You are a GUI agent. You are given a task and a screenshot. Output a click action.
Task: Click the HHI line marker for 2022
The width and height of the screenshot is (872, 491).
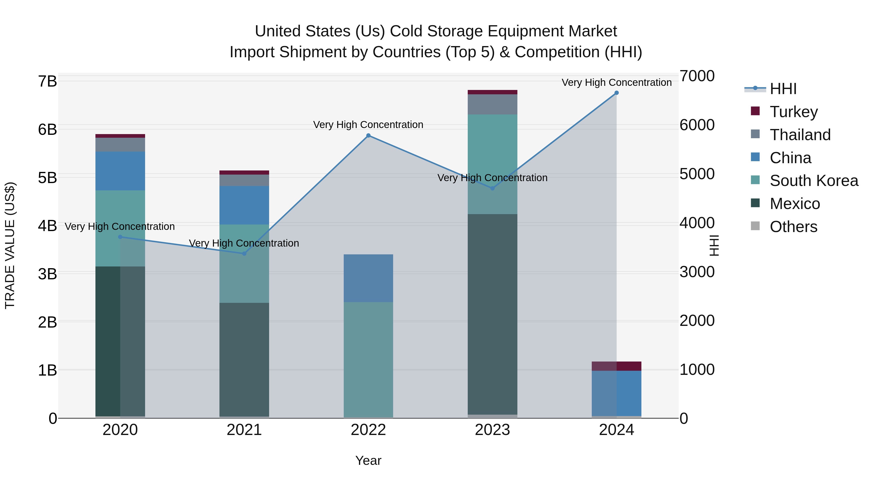[x=368, y=136]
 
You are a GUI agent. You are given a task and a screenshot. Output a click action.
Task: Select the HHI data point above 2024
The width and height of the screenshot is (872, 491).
[x=616, y=93]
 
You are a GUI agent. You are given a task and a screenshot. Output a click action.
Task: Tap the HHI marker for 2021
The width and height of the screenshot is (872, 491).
[x=244, y=253]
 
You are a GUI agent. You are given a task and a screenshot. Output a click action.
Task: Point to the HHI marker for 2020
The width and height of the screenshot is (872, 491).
[x=120, y=237]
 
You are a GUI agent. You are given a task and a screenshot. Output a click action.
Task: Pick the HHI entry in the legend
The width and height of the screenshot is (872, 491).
[x=783, y=89]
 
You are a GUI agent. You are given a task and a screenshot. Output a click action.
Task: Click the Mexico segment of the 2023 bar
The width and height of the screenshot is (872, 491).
[x=492, y=314]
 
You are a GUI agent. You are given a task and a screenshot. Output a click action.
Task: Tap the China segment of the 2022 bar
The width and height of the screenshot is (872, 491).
[x=368, y=278]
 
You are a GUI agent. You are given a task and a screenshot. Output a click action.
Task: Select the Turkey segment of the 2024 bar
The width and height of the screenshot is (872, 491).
[x=616, y=366]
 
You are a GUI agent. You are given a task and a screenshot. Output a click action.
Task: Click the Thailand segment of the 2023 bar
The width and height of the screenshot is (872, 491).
[x=492, y=104]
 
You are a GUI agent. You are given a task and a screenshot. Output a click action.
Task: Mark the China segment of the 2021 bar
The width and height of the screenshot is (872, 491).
[x=244, y=205]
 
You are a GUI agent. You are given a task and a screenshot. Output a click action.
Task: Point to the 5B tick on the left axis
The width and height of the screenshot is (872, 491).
[x=47, y=178]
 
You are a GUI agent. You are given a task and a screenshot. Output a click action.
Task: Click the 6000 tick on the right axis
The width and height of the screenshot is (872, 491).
[x=697, y=125]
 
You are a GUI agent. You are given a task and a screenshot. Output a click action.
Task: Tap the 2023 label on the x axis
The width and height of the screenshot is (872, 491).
[x=492, y=430]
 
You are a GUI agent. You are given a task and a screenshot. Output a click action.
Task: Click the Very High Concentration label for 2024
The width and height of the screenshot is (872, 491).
[x=616, y=82]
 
